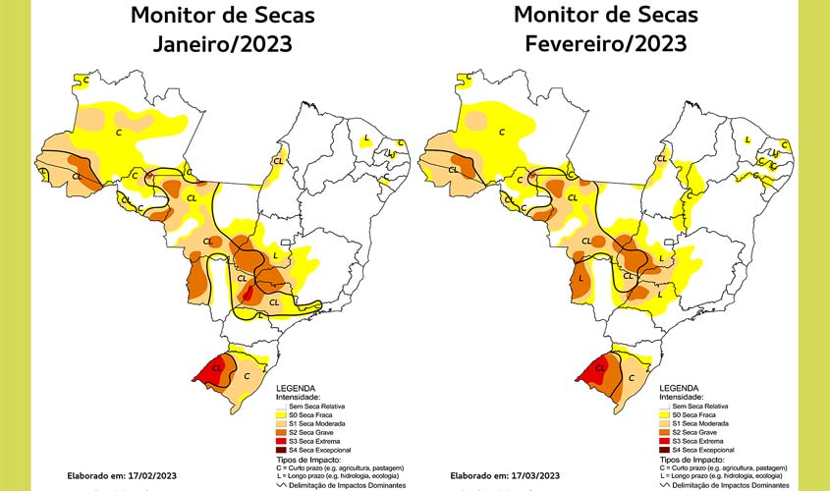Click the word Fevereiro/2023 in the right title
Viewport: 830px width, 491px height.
click(605, 45)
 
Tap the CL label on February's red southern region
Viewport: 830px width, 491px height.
click(593, 371)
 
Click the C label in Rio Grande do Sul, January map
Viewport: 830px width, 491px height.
click(247, 375)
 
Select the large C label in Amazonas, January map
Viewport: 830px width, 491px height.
click(120, 131)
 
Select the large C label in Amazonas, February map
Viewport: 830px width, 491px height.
click(502, 131)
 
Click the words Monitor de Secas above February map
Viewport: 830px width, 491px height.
click(605, 16)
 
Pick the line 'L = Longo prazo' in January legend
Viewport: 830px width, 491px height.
click(334, 475)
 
